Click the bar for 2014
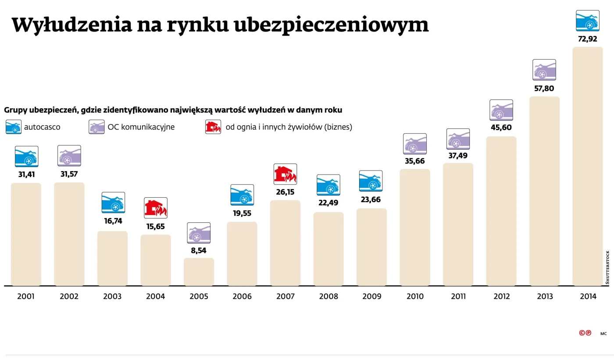point(588,167)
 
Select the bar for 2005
point(199,272)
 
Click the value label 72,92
point(588,39)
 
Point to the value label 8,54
point(199,250)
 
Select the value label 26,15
point(285,192)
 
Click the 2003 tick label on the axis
point(112,296)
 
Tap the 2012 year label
point(501,296)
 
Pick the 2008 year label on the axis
point(328,296)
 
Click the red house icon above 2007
point(285,174)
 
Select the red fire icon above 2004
point(156,208)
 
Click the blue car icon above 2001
point(26,157)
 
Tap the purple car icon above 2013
point(544,70)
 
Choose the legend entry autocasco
point(42,127)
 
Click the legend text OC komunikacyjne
point(141,127)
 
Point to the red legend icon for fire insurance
point(213,127)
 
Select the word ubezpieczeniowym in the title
point(331,25)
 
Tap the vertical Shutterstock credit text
point(607,267)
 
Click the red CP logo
point(585,333)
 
